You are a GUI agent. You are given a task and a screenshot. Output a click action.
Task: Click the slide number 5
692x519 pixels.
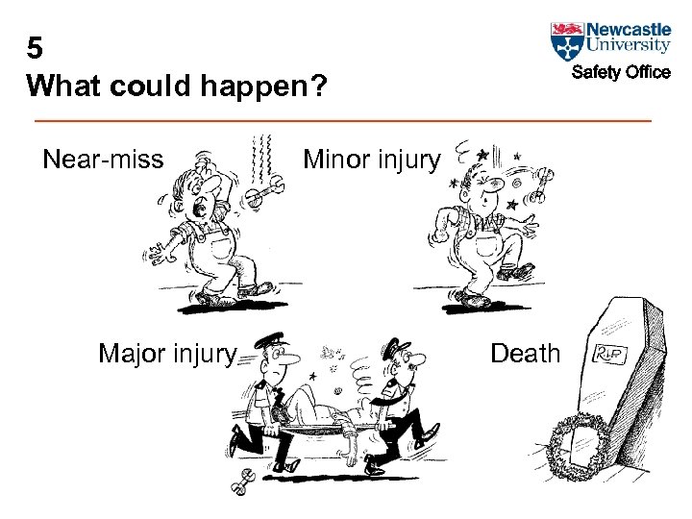[x=36, y=49]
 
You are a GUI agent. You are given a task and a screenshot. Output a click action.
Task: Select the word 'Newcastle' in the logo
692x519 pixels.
[x=629, y=29]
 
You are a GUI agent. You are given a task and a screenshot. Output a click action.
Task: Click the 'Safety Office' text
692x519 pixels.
[x=621, y=73]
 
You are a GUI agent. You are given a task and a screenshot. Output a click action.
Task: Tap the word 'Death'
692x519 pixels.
[x=525, y=354]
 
